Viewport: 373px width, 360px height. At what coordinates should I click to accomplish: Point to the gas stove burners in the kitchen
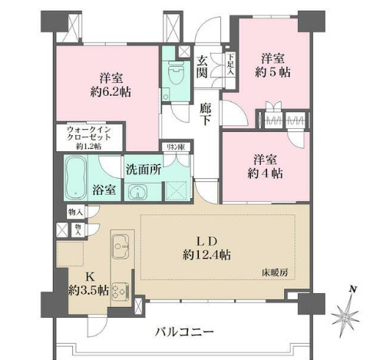(x=120, y=290)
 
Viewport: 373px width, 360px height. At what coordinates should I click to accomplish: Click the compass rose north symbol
(x=350, y=311)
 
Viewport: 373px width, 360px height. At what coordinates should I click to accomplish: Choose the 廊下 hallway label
(x=205, y=114)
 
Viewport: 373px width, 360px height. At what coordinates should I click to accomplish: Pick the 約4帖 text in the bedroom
(x=266, y=173)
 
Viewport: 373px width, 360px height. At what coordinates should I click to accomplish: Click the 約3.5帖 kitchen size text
(x=84, y=290)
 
